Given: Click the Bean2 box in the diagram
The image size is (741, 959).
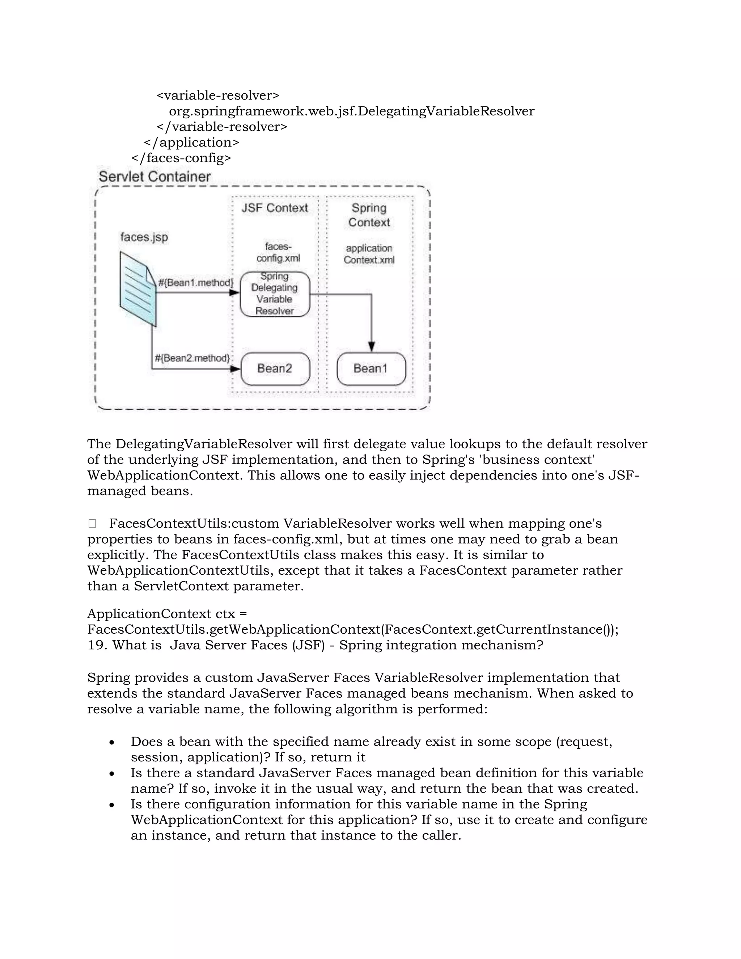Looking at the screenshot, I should (275, 369).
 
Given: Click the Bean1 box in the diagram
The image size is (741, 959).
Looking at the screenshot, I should (371, 369).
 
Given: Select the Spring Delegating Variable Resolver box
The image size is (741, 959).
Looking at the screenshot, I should (275, 294).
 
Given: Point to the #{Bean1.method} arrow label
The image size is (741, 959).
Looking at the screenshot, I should (196, 282).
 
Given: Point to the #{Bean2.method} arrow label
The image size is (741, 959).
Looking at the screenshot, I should (192, 358).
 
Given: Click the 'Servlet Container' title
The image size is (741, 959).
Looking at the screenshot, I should (154, 177).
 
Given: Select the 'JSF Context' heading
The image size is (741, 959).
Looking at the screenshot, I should (275, 208).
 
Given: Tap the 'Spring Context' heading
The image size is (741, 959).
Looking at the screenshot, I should (369, 215).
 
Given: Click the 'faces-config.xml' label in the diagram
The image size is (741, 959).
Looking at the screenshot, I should (278, 253).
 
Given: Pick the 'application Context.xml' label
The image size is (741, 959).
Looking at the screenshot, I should (369, 254).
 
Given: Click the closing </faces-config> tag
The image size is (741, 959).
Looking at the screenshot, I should (181, 158).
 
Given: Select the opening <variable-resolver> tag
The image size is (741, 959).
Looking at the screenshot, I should (218, 95).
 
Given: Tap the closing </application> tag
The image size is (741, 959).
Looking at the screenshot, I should (191, 142).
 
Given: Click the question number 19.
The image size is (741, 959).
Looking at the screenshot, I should (97, 645).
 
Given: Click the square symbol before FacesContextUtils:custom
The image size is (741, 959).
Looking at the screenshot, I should (92, 523).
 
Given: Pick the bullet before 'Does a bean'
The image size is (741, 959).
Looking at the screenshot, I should (113, 742).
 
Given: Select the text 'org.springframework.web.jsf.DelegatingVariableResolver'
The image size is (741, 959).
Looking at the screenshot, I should (352, 111).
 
